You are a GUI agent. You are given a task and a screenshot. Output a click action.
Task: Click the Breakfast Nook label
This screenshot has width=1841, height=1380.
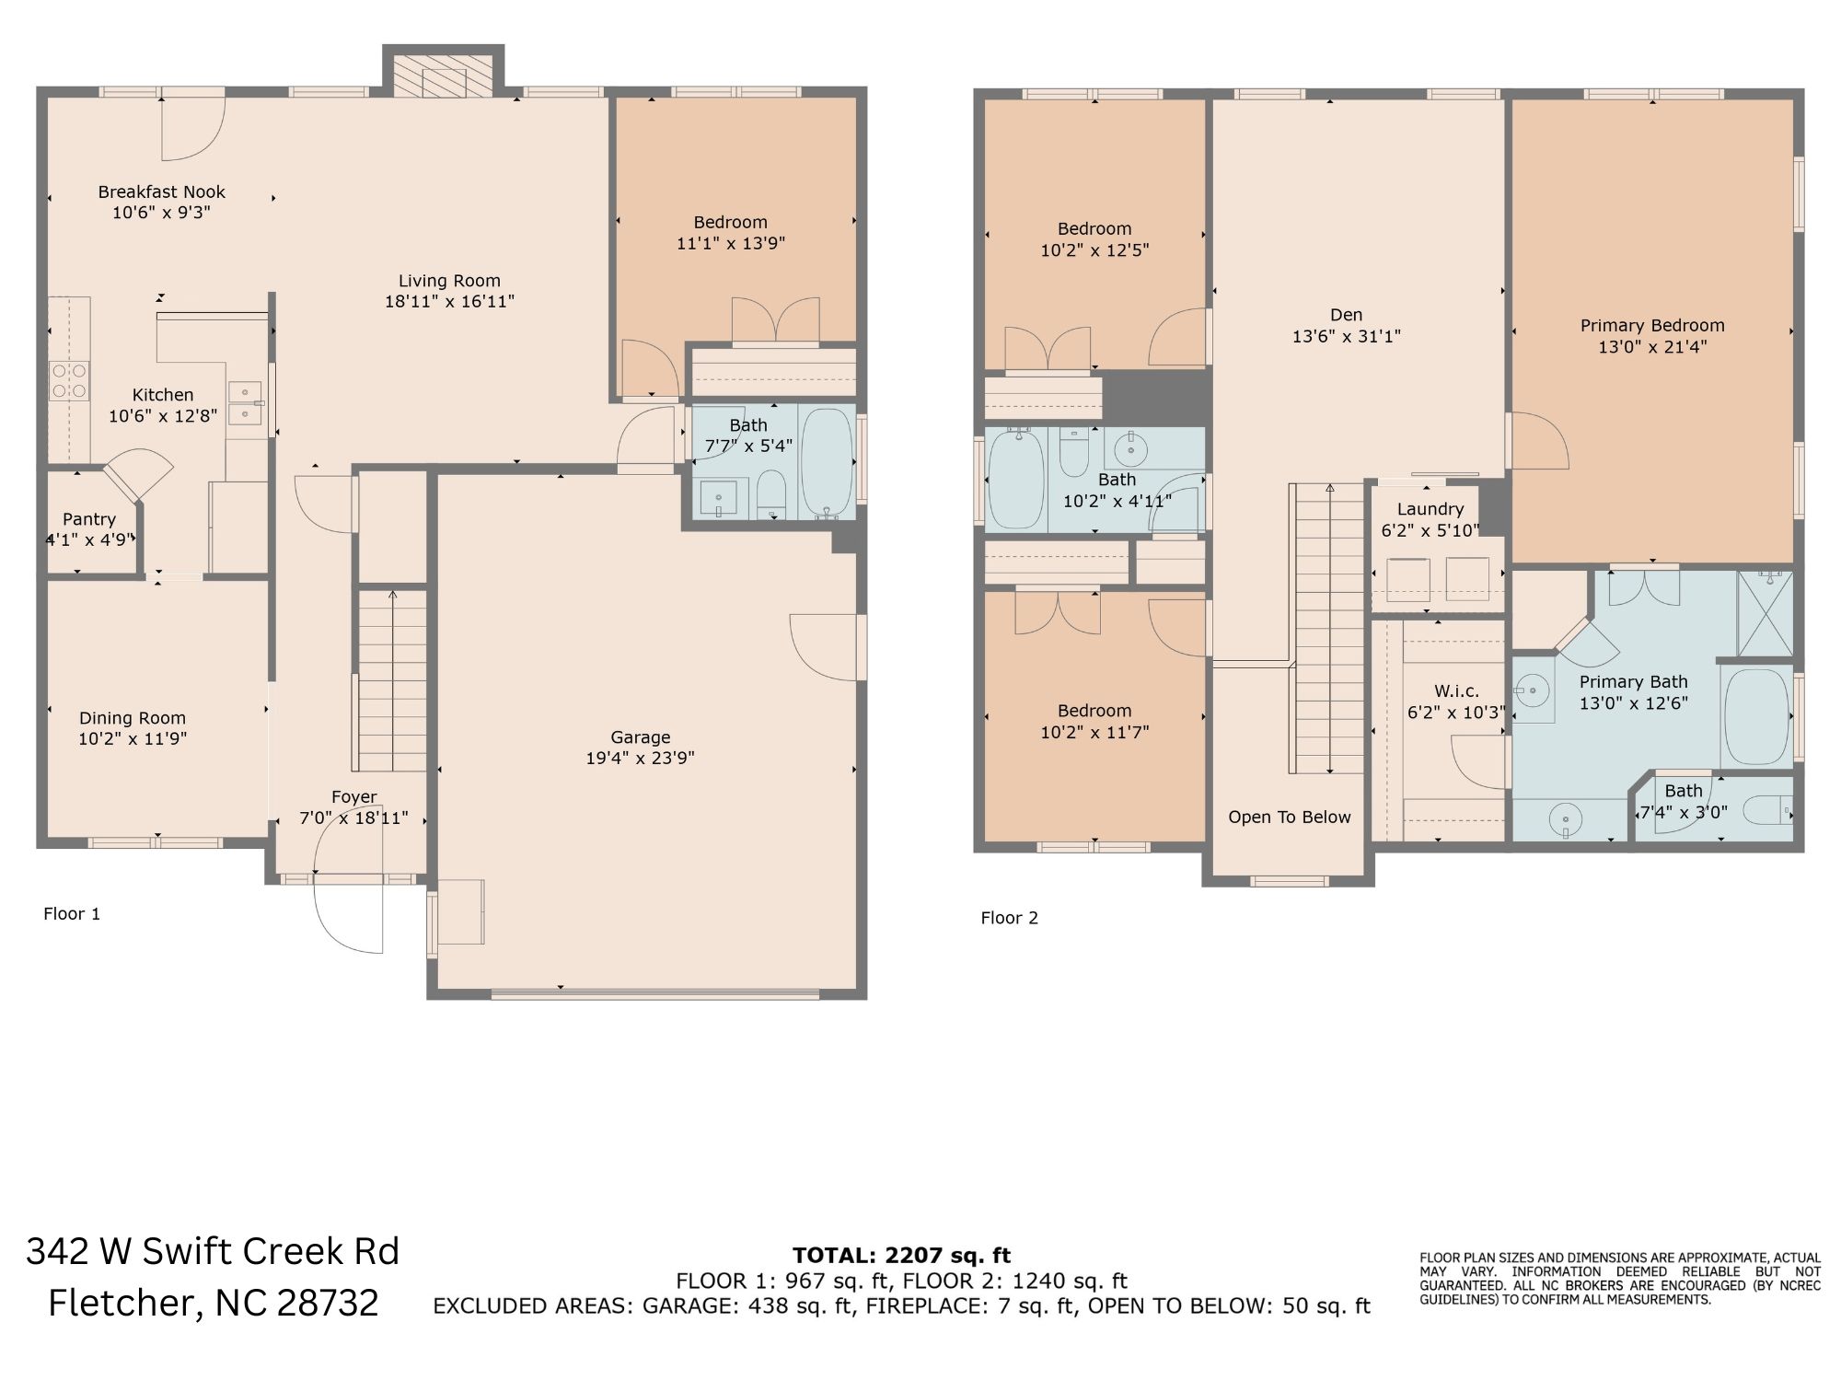(162, 192)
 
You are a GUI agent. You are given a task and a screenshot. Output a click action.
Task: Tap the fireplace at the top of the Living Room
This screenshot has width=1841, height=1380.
(444, 71)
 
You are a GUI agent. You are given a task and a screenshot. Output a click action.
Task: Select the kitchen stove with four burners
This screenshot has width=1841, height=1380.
(69, 381)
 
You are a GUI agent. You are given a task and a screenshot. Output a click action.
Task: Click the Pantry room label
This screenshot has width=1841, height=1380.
(89, 519)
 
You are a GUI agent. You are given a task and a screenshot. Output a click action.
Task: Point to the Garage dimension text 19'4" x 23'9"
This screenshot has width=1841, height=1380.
(641, 759)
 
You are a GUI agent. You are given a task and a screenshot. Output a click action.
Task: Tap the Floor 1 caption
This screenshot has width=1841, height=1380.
(72, 913)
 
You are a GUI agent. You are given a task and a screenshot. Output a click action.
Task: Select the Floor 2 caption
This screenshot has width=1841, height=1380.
(1009, 918)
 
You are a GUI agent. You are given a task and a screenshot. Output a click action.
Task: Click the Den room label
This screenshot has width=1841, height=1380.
(1346, 315)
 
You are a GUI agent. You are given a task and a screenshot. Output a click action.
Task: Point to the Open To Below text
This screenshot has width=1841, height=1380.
(1290, 818)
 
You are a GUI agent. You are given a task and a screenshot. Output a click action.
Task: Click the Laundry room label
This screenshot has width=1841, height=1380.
(1430, 509)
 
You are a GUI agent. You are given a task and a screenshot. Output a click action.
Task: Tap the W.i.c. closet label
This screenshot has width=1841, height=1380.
(1456, 691)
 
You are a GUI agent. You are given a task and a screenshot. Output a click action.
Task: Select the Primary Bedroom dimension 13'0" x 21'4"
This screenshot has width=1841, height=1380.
(1653, 347)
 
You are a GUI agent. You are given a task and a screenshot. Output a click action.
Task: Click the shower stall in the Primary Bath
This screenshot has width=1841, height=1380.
(1765, 613)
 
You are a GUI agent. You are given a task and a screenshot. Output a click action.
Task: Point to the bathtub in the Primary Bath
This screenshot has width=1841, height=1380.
(1755, 716)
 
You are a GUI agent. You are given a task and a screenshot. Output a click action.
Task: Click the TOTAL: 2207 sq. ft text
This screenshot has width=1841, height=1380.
(902, 1255)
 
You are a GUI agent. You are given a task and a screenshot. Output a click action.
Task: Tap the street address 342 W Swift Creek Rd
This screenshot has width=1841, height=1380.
(213, 1251)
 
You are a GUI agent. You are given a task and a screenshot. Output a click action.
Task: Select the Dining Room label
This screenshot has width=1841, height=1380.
(133, 718)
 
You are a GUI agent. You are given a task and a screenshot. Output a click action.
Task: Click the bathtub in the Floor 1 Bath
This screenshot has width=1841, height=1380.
(827, 462)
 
